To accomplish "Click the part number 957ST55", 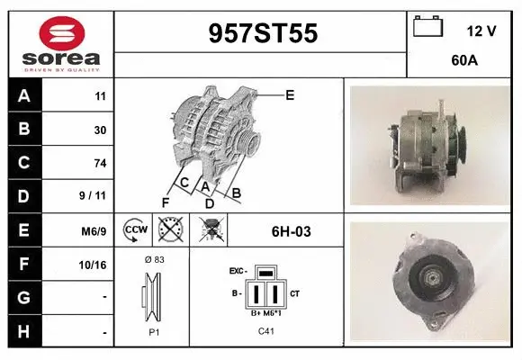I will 263,34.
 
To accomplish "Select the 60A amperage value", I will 463,61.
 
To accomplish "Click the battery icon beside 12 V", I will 427,27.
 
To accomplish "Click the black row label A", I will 23,96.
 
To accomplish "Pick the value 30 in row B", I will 100,130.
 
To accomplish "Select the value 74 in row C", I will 100,163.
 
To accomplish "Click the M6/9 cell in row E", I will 94,231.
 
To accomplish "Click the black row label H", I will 23,331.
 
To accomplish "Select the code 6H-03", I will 291,231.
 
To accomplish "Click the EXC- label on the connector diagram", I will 238,270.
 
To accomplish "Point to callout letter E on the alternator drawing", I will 290,94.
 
